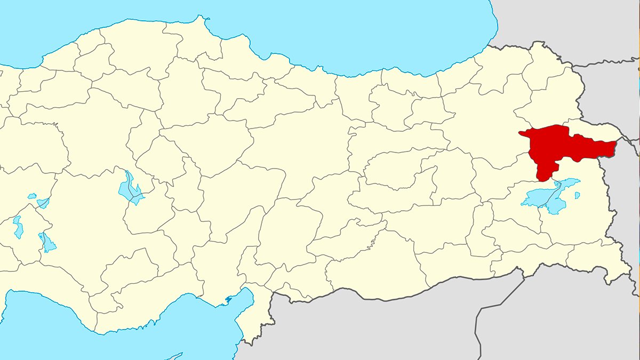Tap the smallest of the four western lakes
coord(32,196)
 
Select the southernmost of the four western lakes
coord(47,243)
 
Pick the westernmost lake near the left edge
coord(18,227)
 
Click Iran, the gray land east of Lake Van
coord(627,203)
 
